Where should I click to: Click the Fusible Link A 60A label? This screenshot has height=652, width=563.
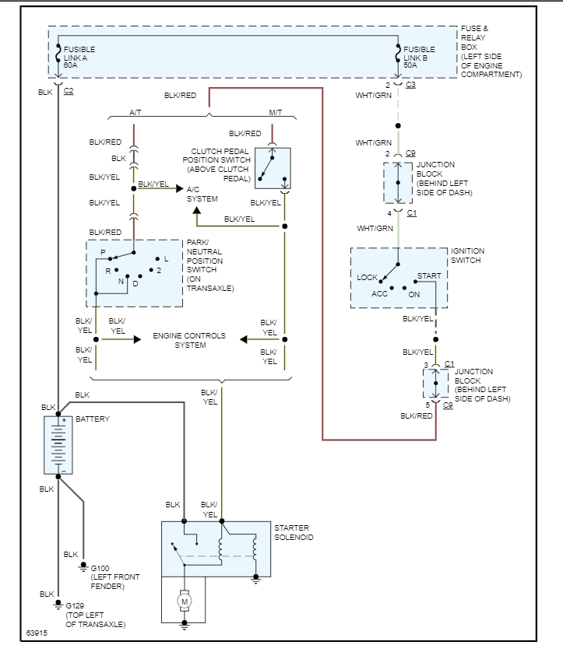pos(79,58)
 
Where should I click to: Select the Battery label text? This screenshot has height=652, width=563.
pos(92,419)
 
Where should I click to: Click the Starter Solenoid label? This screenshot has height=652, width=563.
pos(294,532)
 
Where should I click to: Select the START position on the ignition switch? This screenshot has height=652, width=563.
pos(429,276)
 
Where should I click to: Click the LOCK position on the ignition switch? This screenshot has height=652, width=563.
pos(368,278)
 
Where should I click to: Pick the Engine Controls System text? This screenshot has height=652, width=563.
pos(189,340)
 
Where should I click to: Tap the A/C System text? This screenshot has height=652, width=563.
pos(202,194)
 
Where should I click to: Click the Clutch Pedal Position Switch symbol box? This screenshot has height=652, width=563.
pos(272,168)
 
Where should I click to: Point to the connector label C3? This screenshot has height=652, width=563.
pos(411,85)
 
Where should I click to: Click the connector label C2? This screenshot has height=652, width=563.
pos(69,91)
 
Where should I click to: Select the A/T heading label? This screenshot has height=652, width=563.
pos(135,113)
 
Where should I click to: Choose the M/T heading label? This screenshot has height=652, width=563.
pos(275,113)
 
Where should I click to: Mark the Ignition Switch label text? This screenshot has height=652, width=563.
pos(467,255)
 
